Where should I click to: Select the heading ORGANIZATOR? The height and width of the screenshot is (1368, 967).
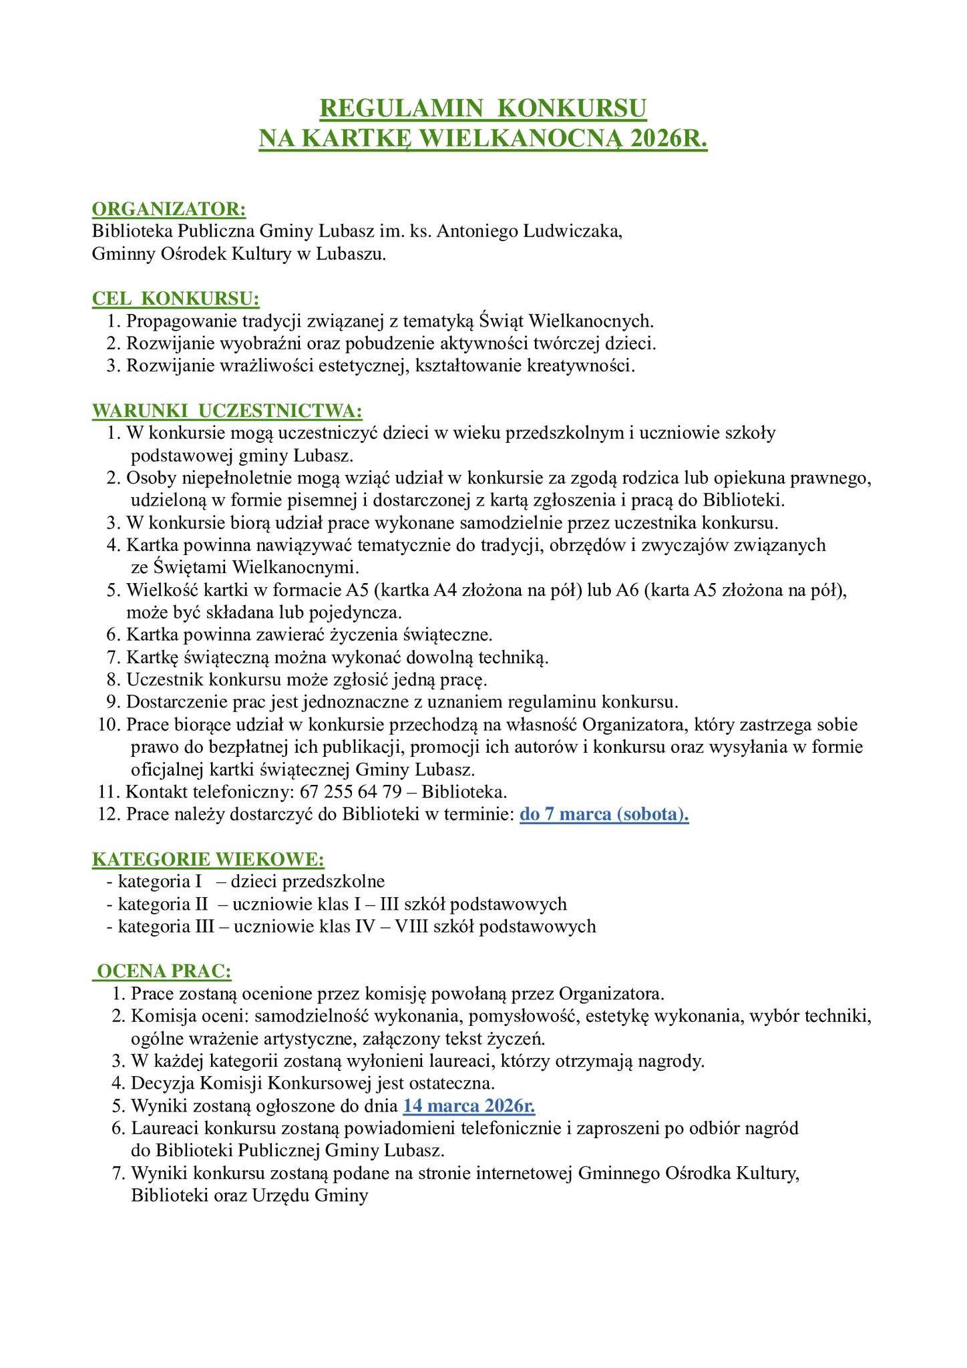(x=169, y=209)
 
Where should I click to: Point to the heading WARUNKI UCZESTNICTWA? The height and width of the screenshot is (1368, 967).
(x=228, y=410)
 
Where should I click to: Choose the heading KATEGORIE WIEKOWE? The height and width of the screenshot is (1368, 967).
(x=208, y=858)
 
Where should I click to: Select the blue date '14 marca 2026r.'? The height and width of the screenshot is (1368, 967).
(x=469, y=1105)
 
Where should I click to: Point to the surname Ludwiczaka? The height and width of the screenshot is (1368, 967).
(x=572, y=232)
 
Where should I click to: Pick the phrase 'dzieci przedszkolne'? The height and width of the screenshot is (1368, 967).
(x=308, y=881)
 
